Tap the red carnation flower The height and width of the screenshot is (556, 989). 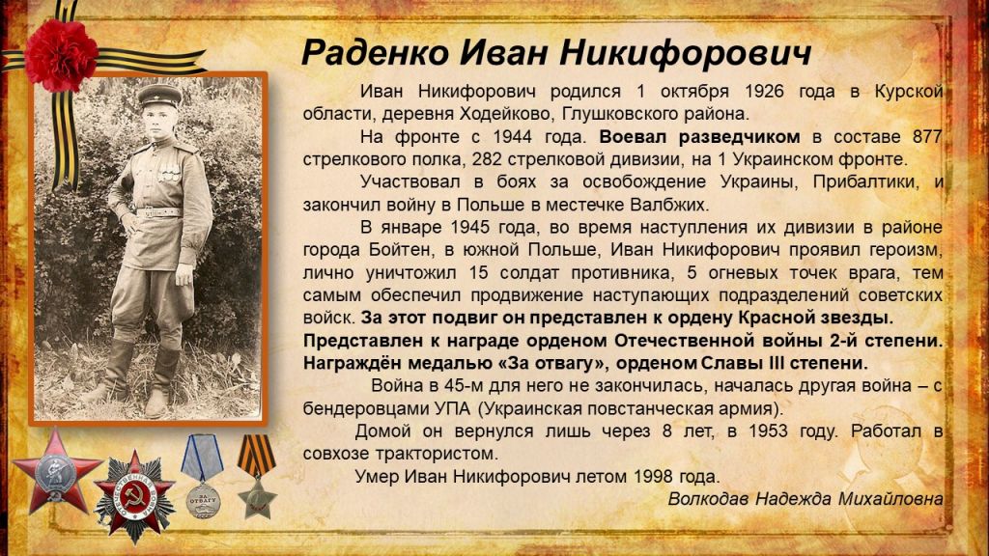point(61,55)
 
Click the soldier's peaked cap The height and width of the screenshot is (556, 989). point(159,96)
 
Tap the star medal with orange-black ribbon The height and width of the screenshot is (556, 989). point(257,477)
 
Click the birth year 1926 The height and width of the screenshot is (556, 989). point(764,92)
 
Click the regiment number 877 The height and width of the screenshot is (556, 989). point(926,137)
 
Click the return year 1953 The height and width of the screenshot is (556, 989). point(768,431)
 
